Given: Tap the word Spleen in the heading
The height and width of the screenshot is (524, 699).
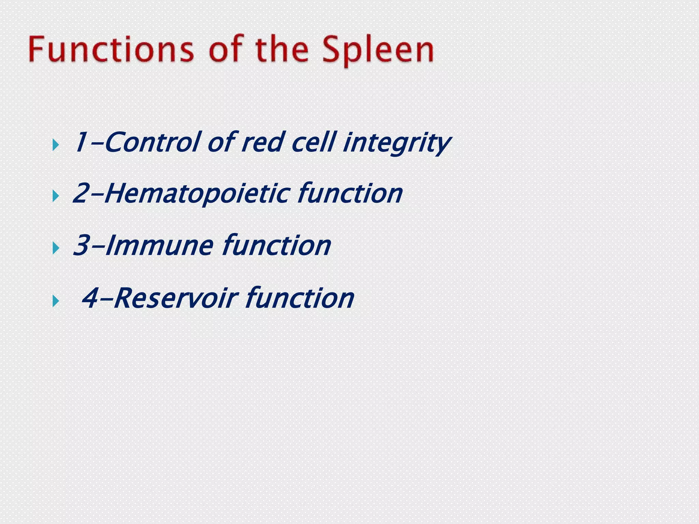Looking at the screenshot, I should (x=378, y=51).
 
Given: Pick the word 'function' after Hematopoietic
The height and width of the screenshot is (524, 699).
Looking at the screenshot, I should (x=350, y=194).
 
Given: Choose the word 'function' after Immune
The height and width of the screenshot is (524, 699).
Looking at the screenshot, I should (x=276, y=246).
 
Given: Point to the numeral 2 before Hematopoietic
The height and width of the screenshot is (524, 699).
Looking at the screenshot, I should (x=81, y=194).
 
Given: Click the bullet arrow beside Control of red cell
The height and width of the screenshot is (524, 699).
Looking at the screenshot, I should (x=56, y=145).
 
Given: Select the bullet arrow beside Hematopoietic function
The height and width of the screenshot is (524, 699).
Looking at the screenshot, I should (x=56, y=196).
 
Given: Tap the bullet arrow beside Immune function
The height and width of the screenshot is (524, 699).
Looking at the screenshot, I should (x=56, y=248).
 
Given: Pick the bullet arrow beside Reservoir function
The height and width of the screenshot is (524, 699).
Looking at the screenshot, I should (x=56, y=301).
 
